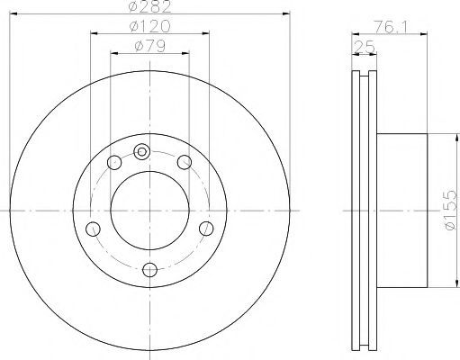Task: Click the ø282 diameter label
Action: click(x=149, y=6)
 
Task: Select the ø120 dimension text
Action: click(x=149, y=26)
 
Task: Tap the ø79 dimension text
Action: click(x=149, y=46)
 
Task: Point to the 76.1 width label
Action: click(x=390, y=28)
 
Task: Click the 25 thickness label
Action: click(x=365, y=47)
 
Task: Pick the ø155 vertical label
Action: click(x=452, y=210)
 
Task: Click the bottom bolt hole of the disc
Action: click(x=149, y=270)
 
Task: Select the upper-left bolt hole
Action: click(x=114, y=162)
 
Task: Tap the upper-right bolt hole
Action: click(x=185, y=162)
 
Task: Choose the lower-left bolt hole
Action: click(x=93, y=229)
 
